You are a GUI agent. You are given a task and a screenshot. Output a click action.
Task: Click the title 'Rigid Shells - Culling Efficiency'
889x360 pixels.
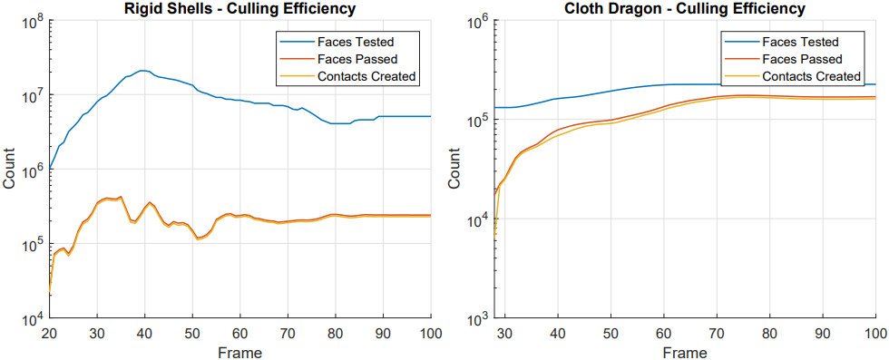241,9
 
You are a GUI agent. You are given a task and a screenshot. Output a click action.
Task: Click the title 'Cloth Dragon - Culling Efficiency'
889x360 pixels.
684,9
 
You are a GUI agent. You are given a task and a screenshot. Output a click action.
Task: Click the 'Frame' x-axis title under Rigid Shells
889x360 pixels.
239,352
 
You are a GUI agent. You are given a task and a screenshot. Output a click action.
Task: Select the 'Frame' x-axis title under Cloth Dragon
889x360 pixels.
686,352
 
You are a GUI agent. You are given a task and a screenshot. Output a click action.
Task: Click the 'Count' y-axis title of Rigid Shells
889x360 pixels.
10,169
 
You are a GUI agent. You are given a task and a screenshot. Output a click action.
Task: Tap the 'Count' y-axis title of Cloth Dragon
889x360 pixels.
454,169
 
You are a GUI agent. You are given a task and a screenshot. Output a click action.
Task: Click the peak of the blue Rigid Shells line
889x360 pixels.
142,71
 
